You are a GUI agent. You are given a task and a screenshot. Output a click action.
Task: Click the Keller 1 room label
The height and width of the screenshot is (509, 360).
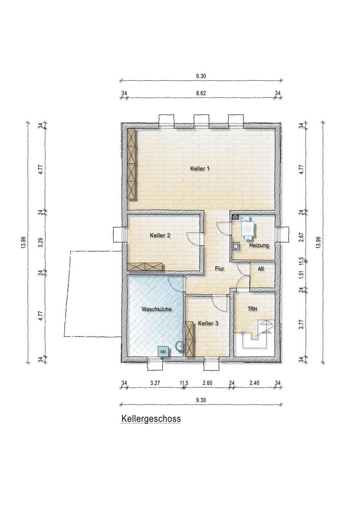[200, 169]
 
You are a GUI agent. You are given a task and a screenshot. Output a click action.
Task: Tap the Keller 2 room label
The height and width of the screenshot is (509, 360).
[160, 235]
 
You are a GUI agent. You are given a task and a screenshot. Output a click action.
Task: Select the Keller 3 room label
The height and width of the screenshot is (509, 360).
[208, 323]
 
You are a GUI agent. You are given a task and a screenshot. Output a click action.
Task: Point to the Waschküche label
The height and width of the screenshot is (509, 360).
[156, 309]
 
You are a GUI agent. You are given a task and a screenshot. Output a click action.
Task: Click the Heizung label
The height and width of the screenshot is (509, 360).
[259, 245]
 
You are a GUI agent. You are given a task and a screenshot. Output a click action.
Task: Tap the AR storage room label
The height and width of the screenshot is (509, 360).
[261, 269]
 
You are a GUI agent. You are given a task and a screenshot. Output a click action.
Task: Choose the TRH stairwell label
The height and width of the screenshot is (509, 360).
[252, 309]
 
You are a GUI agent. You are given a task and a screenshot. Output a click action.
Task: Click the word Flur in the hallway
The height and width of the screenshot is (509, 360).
[220, 269]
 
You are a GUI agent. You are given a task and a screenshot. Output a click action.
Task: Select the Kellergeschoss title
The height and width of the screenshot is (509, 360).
[151, 419]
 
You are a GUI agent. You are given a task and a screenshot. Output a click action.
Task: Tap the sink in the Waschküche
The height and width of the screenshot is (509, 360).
[180, 346]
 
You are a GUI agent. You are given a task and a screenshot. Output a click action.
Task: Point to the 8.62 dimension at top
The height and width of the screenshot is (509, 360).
[201, 93]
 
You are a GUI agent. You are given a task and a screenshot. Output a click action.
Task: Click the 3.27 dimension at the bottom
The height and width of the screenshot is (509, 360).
[155, 383]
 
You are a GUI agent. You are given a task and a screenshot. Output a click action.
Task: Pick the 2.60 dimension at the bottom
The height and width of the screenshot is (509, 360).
[207, 383]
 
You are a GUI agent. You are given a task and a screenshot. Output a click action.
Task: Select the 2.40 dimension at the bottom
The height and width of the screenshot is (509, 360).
[254, 383]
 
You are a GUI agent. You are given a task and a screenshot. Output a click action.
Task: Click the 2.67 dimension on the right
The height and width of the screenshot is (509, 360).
[301, 237]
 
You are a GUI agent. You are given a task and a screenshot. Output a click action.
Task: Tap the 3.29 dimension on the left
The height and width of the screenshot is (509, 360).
[41, 243]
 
